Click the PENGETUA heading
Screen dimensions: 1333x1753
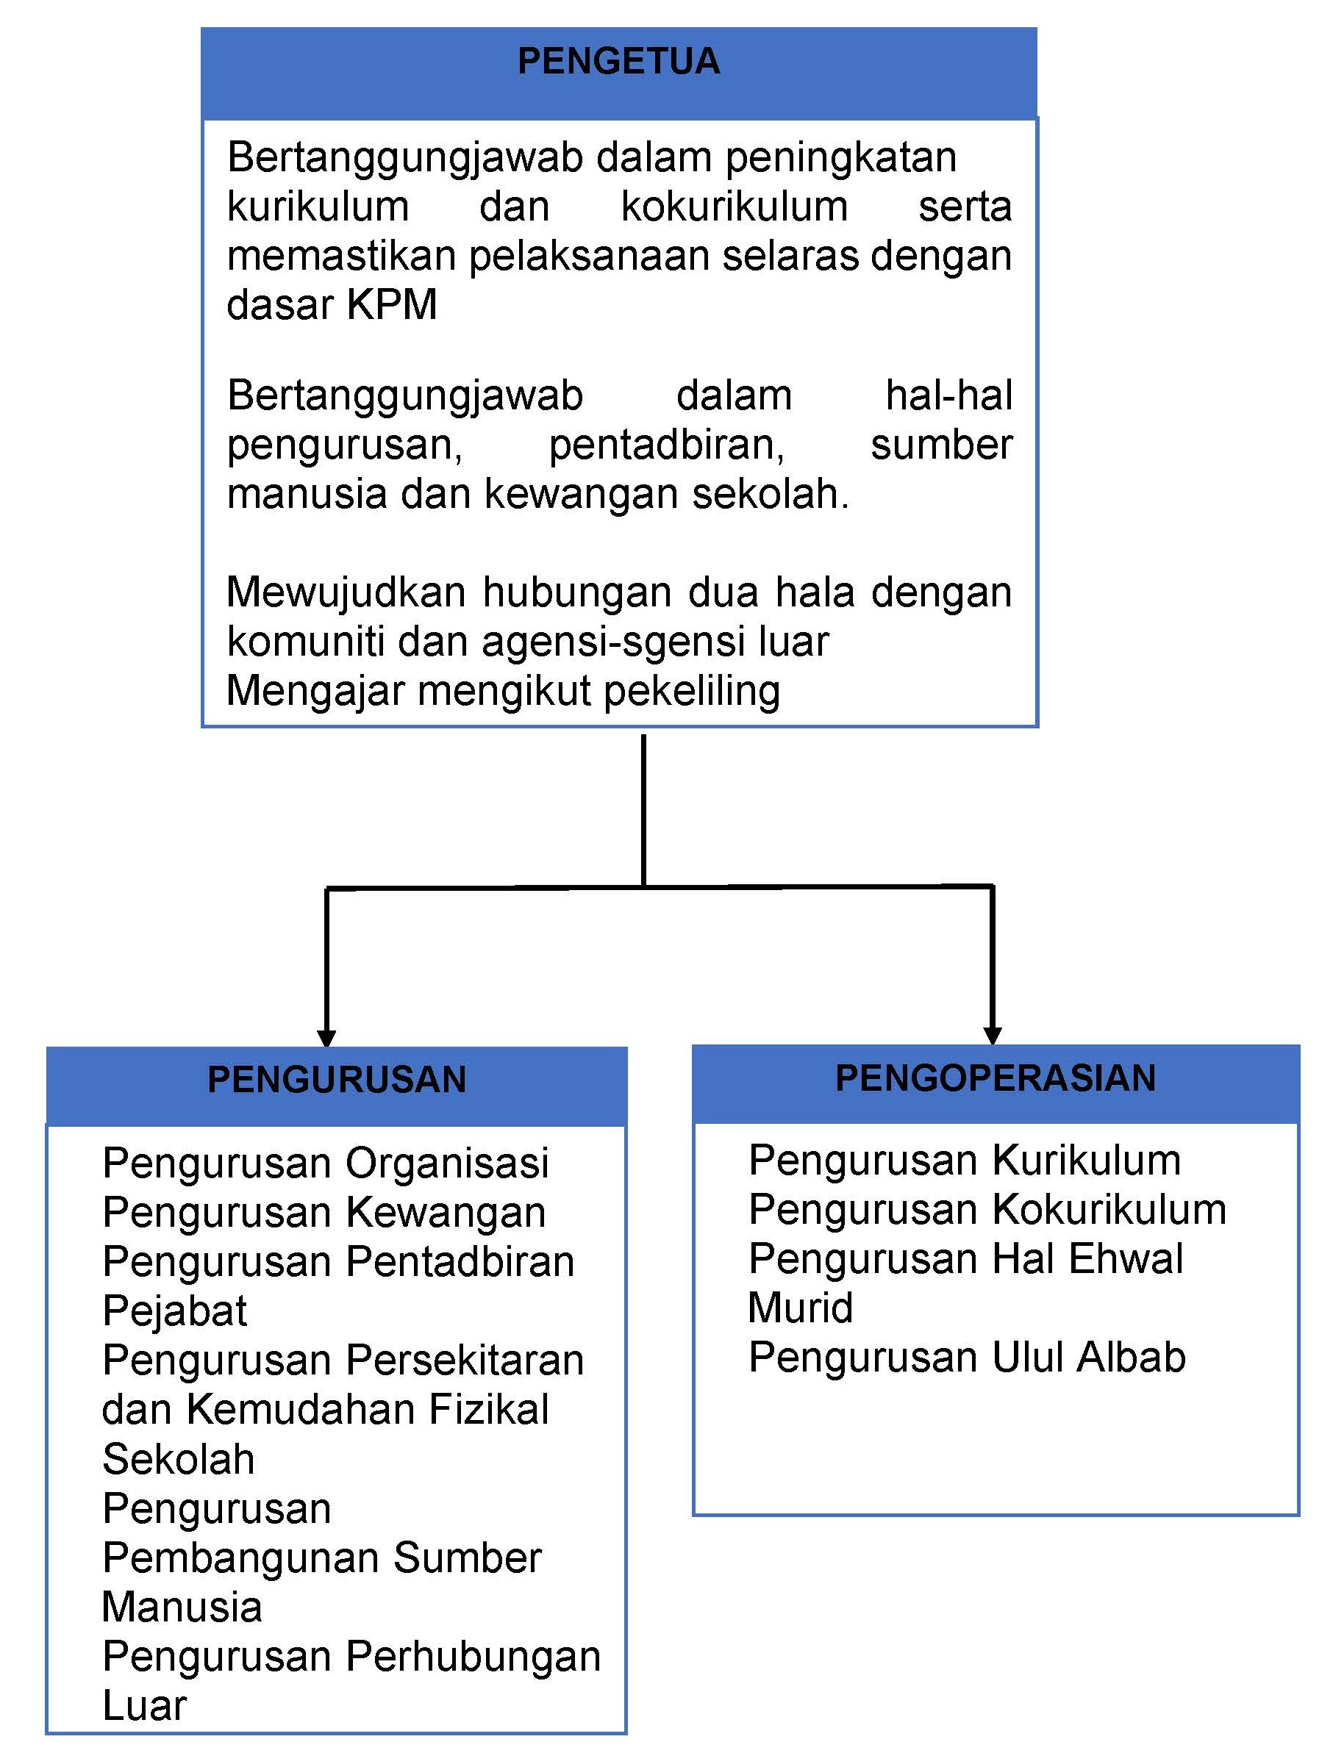tap(618, 62)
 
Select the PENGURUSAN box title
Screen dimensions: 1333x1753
tap(337, 1080)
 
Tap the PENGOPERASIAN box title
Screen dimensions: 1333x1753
tap(995, 1078)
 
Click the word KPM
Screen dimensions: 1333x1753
tap(392, 304)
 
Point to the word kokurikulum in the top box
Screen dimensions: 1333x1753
tap(734, 207)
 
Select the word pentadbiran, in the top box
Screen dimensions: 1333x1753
tap(666, 444)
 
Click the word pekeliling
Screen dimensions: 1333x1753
tap(692, 691)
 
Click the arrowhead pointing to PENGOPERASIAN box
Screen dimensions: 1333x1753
tap(992, 1035)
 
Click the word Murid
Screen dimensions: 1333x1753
tap(800, 1308)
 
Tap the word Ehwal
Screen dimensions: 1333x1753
tap(1125, 1259)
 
